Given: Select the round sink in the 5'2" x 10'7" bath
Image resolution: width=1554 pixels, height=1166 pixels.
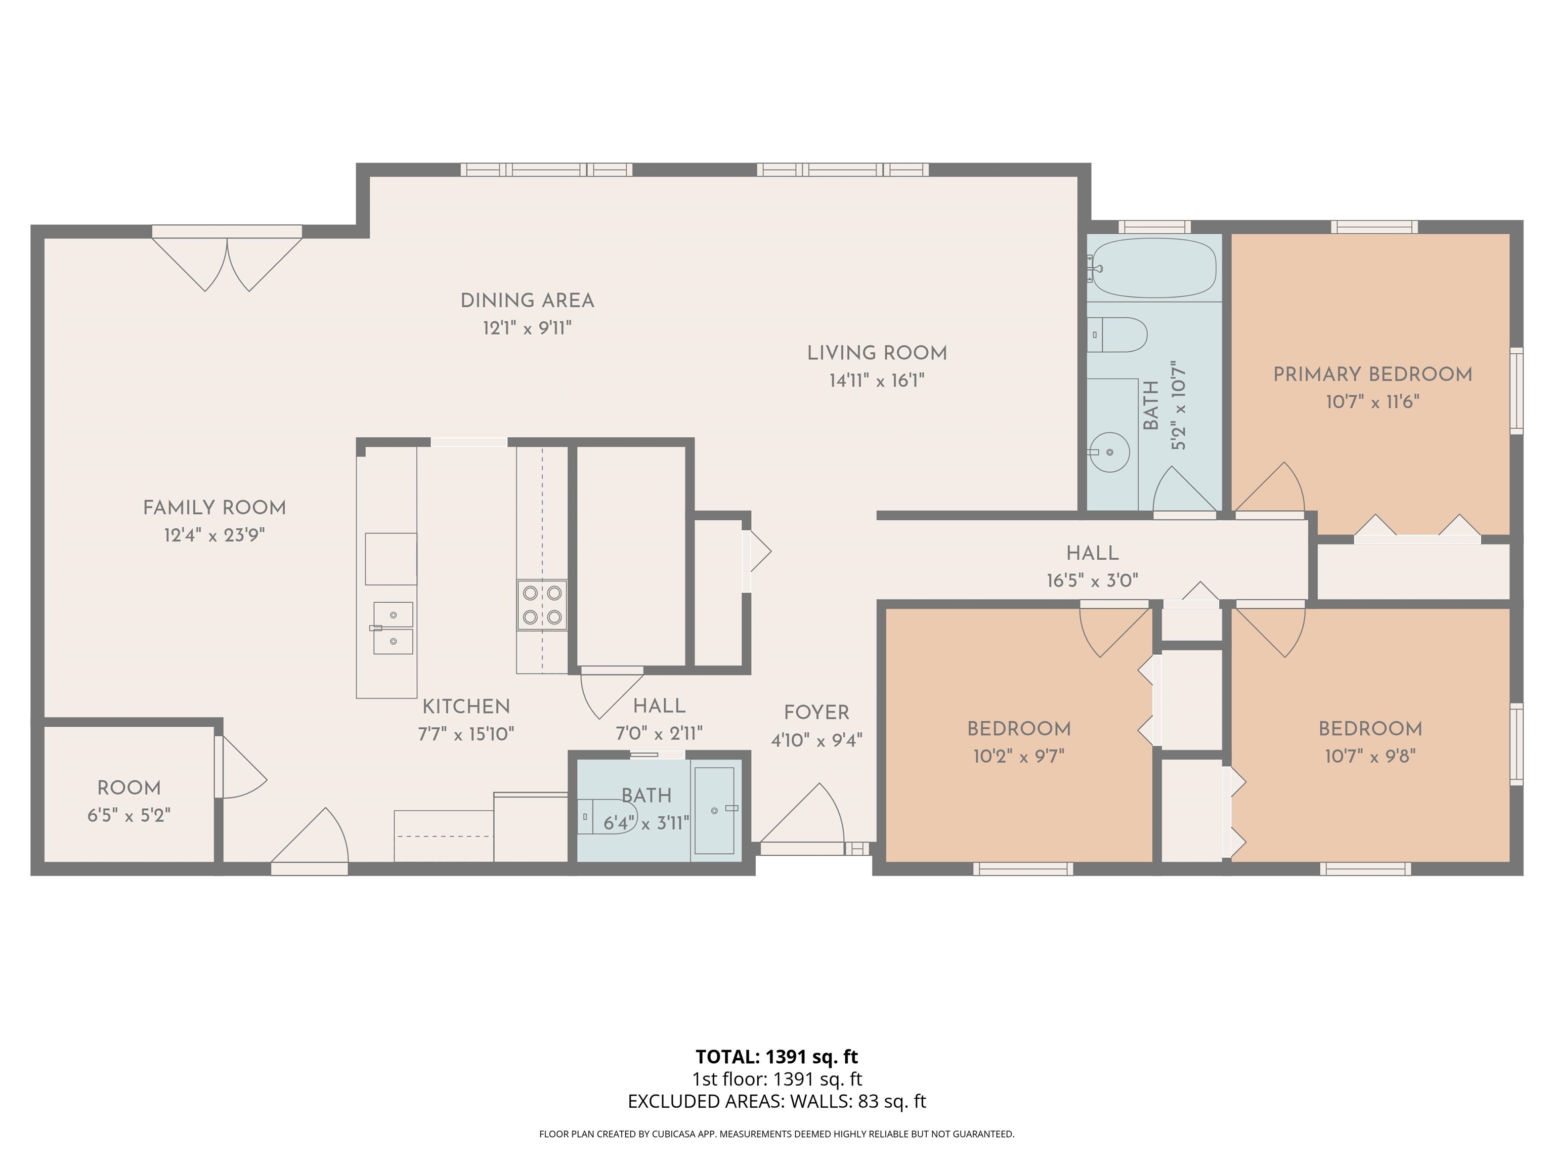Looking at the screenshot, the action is pos(1111,452).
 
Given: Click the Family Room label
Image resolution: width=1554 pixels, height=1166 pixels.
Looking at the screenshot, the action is pos(214,508).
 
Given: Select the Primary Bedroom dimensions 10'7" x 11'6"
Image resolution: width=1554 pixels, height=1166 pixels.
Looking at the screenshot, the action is pos(1373,402).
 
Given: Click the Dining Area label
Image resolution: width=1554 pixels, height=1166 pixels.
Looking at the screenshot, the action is pos(527,301).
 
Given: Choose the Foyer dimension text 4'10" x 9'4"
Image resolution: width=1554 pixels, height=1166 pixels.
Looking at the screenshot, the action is pos(816,740).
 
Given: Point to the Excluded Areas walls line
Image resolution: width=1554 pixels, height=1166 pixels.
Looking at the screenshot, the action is pos(776,1101).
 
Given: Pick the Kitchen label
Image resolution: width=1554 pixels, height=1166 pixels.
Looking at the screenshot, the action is pos(466,706).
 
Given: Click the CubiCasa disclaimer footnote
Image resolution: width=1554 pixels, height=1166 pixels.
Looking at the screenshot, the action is pos(776,1134).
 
